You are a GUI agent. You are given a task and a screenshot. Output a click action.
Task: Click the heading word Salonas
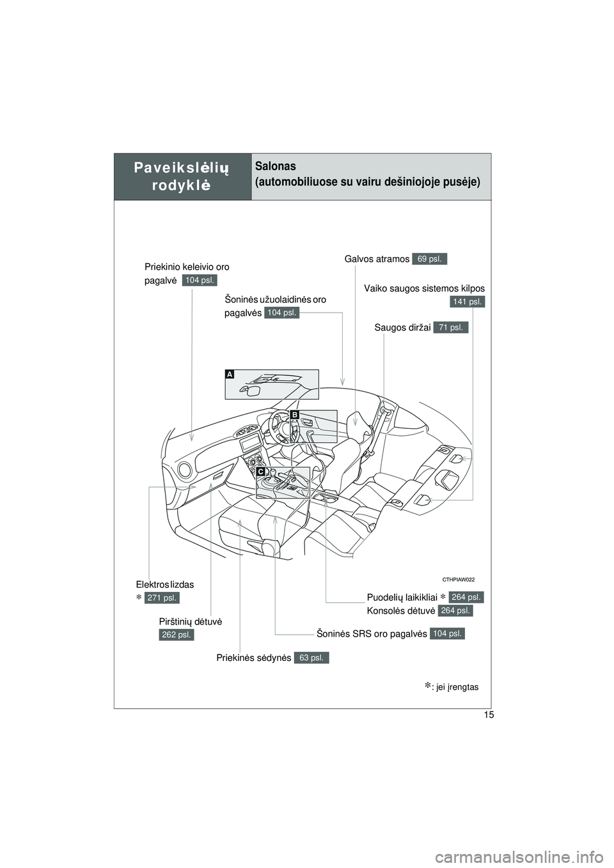(276, 166)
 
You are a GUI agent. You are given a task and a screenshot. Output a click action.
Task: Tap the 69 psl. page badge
(430, 259)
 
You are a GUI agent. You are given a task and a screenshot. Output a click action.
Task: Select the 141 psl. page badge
(467, 301)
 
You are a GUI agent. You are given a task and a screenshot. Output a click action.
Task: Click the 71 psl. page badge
(450, 327)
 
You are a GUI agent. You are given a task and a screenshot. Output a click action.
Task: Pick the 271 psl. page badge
(161, 598)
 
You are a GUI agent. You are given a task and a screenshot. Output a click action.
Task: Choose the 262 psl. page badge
(177, 634)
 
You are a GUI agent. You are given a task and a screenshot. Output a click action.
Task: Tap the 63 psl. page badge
(311, 657)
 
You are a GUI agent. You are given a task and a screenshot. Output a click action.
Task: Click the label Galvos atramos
(377, 259)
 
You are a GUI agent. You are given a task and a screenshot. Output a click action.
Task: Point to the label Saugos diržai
(402, 328)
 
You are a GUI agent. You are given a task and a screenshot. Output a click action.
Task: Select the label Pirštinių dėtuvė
(191, 621)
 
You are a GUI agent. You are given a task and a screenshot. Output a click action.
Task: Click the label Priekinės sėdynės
(254, 658)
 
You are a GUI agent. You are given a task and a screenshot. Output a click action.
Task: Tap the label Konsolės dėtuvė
(401, 611)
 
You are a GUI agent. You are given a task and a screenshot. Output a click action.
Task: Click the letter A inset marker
(229, 374)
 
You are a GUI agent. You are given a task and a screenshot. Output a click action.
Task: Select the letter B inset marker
(294, 415)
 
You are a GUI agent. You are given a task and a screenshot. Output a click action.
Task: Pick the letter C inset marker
(261, 471)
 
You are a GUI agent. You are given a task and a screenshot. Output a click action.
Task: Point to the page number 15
(489, 715)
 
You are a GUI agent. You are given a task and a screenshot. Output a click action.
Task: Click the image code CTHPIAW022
(457, 578)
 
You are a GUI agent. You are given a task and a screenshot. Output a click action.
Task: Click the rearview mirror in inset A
(251, 389)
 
